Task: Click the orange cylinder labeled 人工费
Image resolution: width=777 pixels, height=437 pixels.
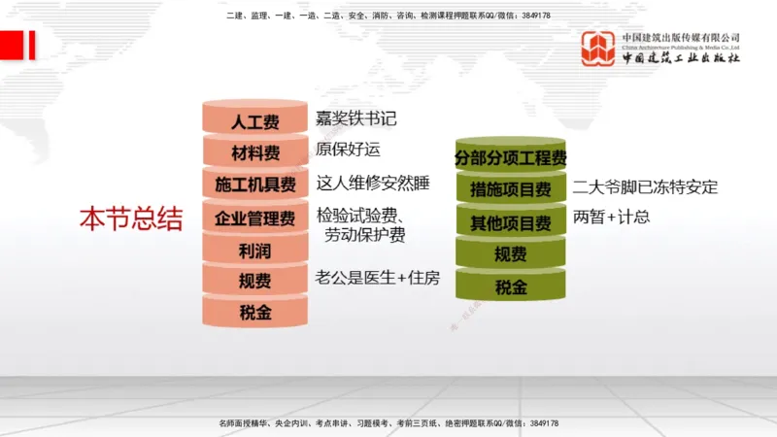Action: (254, 122)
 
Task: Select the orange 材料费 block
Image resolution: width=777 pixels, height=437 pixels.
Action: (254, 153)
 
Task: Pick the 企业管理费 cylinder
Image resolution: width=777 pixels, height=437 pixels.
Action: (254, 218)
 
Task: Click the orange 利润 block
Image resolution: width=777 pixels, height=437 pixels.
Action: (254, 251)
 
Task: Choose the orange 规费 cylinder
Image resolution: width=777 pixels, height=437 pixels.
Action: (254, 282)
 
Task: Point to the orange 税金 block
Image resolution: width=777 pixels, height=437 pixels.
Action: (254, 313)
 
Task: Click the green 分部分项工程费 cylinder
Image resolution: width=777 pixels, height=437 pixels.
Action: (510, 157)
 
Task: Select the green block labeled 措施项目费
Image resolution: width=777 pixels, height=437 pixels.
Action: (510, 189)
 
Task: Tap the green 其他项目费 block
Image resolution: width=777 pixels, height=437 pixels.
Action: (510, 223)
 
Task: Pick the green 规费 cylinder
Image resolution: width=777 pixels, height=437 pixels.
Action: (510, 255)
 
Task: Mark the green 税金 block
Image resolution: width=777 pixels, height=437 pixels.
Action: (510, 287)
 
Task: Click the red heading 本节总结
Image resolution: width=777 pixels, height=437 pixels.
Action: (130, 218)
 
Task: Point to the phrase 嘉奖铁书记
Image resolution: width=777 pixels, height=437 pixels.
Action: (356, 119)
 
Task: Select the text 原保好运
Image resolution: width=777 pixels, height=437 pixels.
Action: (349, 150)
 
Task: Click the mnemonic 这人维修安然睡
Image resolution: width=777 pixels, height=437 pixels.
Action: (373, 183)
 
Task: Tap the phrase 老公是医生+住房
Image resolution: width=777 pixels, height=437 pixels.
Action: (377, 279)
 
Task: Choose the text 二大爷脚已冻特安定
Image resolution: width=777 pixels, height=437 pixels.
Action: (645, 187)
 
